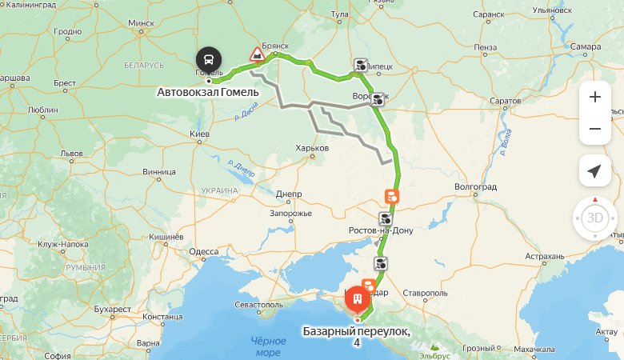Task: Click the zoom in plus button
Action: click(594, 97)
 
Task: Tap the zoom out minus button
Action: click(594, 129)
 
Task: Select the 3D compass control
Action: click(594, 218)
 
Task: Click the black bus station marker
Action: click(209, 59)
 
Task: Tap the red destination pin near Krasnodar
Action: click(357, 299)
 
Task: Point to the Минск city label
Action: click(141, 23)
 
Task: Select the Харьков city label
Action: click(312, 148)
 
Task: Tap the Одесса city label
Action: click(203, 251)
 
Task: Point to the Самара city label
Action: click(586, 46)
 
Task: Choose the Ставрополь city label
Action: click(426, 293)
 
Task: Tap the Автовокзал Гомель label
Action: click(208, 93)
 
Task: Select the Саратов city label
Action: click(505, 102)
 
